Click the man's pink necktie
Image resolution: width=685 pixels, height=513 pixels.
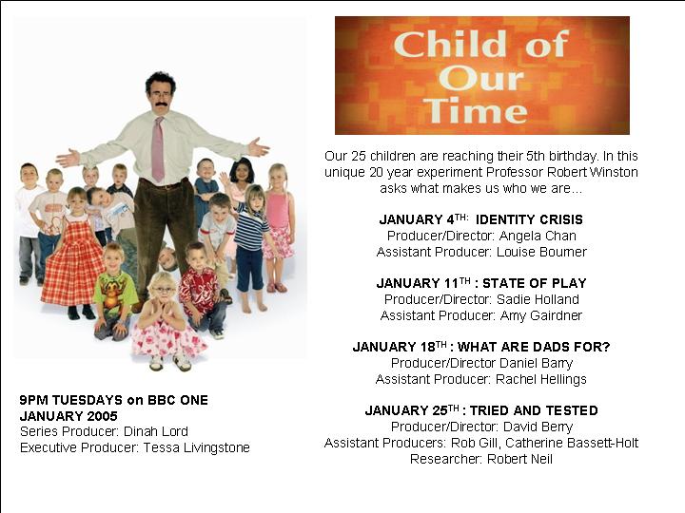pyautogui.click(x=158, y=149)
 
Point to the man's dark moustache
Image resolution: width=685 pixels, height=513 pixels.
pyautogui.click(x=158, y=104)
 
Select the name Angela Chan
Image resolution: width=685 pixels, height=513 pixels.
pyautogui.click(x=538, y=236)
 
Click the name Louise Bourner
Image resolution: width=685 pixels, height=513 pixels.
pyautogui.click(x=541, y=252)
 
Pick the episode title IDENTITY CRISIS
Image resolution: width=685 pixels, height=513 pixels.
pyautogui.click(x=529, y=219)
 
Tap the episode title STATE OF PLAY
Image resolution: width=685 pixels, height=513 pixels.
pyautogui.click(x=534, y=283)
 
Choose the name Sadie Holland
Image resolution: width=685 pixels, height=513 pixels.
pyautogui.click(x=538, y=299)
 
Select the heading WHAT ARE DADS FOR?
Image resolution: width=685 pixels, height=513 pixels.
pyautogui.click(x=533, y=348)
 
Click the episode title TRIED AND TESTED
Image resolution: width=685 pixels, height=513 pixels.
pyautogui.click(x=534, y=411)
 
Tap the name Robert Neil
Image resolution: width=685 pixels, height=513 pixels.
pyautogui.click(x=519, y=460)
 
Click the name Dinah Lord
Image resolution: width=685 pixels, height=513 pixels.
pyautogui.click(x=156, y=432)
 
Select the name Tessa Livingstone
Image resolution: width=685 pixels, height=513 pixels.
pyautogui.click(x=197, y=448)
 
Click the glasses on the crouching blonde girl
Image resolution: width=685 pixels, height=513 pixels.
pyautogui.click(x=162, y=289)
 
